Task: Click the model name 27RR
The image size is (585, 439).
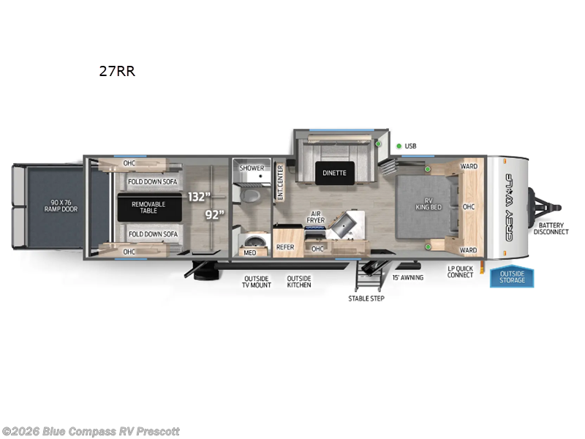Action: (117, 72)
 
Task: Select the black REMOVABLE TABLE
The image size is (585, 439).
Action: (148, 207)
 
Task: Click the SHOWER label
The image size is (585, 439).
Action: (252, 168)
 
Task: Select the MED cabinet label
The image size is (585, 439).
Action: (250, 252)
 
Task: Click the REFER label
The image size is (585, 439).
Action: (285, 247)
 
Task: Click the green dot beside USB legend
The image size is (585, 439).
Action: (399, 146)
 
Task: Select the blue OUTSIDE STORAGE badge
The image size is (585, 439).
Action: (512, 277)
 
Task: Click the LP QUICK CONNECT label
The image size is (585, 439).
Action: (461, 271)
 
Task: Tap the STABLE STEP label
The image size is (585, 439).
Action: (366, 298)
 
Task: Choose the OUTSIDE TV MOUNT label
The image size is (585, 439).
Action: (257, 282)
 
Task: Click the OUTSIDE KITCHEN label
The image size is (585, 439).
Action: (298, 282)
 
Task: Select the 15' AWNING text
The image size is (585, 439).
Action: (408, 277)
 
